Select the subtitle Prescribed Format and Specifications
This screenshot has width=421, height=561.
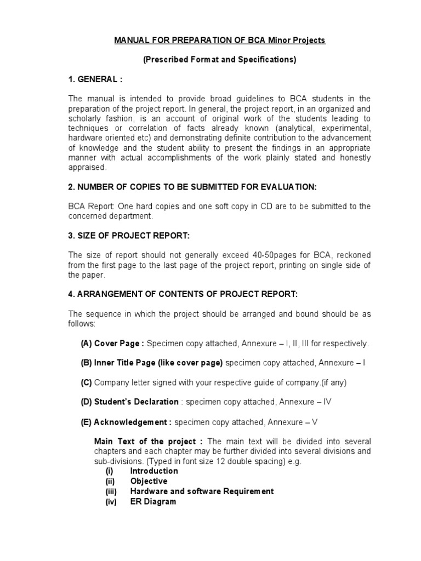[x=219, y=60]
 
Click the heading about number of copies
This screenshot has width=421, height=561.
[x=192, y=187]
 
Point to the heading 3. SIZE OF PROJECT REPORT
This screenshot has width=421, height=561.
[x=129, y=236]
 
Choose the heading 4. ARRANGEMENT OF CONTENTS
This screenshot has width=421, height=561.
[x=183, y=294]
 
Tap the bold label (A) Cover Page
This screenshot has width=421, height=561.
[x=112, y=344]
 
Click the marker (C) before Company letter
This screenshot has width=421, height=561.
[x=86, y=382]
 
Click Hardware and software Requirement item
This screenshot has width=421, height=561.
[x=201, y=491]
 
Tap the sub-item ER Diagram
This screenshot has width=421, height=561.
[x=153, y=501]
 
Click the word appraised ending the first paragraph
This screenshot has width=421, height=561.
[x=86, y=168]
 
